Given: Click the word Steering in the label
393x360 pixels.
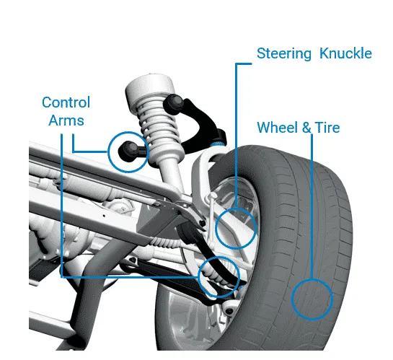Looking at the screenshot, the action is tap(284, 54).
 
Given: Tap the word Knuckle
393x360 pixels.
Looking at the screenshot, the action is tap(345, 53).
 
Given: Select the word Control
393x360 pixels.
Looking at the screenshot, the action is tap(66, 102).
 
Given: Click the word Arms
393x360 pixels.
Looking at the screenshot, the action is tap(66, 120).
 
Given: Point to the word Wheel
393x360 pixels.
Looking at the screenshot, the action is tap(278, 128).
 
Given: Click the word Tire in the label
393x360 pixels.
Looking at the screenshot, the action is tap(327, 128).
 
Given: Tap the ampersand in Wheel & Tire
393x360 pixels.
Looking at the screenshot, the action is tap(306, 128).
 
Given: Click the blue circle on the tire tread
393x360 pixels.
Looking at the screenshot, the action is tap(312, 299).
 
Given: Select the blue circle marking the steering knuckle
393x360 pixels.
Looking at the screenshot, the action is tap(236, 228).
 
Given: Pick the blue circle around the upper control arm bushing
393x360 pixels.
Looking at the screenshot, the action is tap(128, 152).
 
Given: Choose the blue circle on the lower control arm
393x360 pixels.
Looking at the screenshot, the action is tap(218, 277).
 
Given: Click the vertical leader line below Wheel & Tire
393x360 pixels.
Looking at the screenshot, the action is tap(312, 206).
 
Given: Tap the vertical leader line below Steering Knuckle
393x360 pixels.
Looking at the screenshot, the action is tap(236, 136).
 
